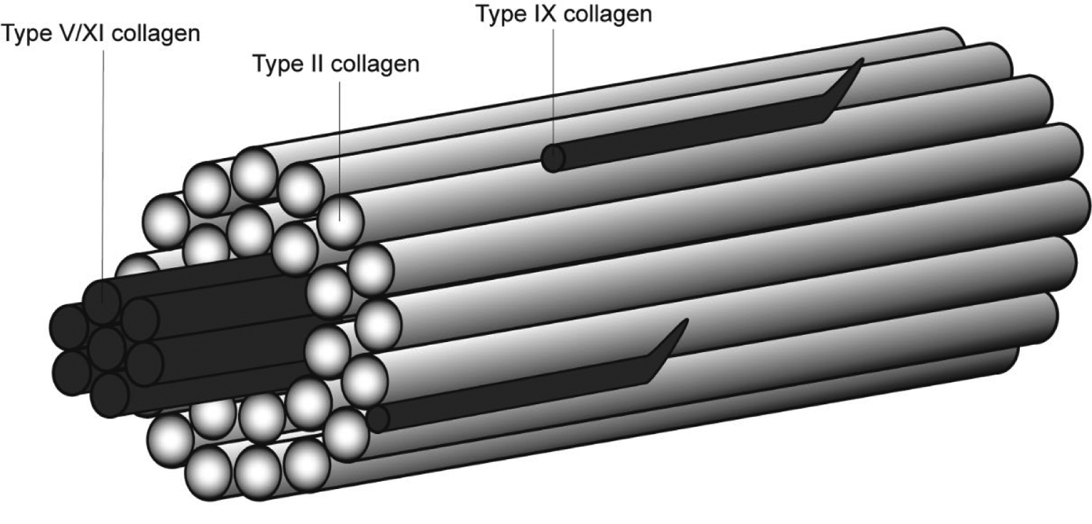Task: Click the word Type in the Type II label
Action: click(x=277, y=64)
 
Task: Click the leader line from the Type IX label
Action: click(x=553, y=87)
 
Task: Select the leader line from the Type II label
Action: click(x=341, y=146)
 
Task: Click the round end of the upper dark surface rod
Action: click(x=553, y=159)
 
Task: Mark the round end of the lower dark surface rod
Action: click(x=377, y=419)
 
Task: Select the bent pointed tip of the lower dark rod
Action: click(x=682, y=327)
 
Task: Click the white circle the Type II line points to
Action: click(x=341, y=218)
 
